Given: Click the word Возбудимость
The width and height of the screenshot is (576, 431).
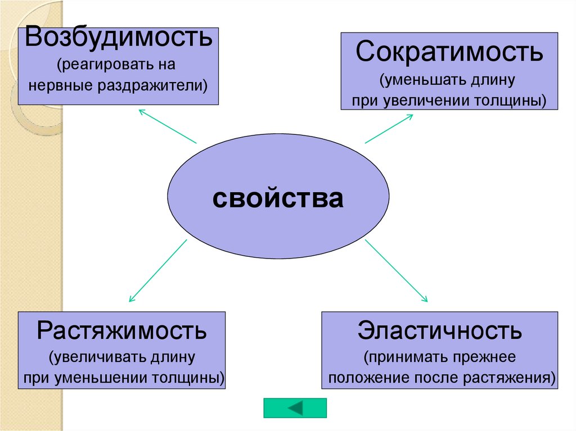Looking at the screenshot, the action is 118,38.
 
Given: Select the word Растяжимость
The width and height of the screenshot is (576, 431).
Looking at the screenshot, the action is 122,330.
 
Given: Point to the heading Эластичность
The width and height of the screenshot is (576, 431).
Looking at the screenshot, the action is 439,330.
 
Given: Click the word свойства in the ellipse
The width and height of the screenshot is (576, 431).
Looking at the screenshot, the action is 278,198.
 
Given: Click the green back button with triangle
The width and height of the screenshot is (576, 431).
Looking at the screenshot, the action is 295,408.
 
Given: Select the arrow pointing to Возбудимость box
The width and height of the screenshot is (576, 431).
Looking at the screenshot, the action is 167,125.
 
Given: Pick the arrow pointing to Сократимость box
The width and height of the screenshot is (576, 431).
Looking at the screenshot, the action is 389,129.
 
